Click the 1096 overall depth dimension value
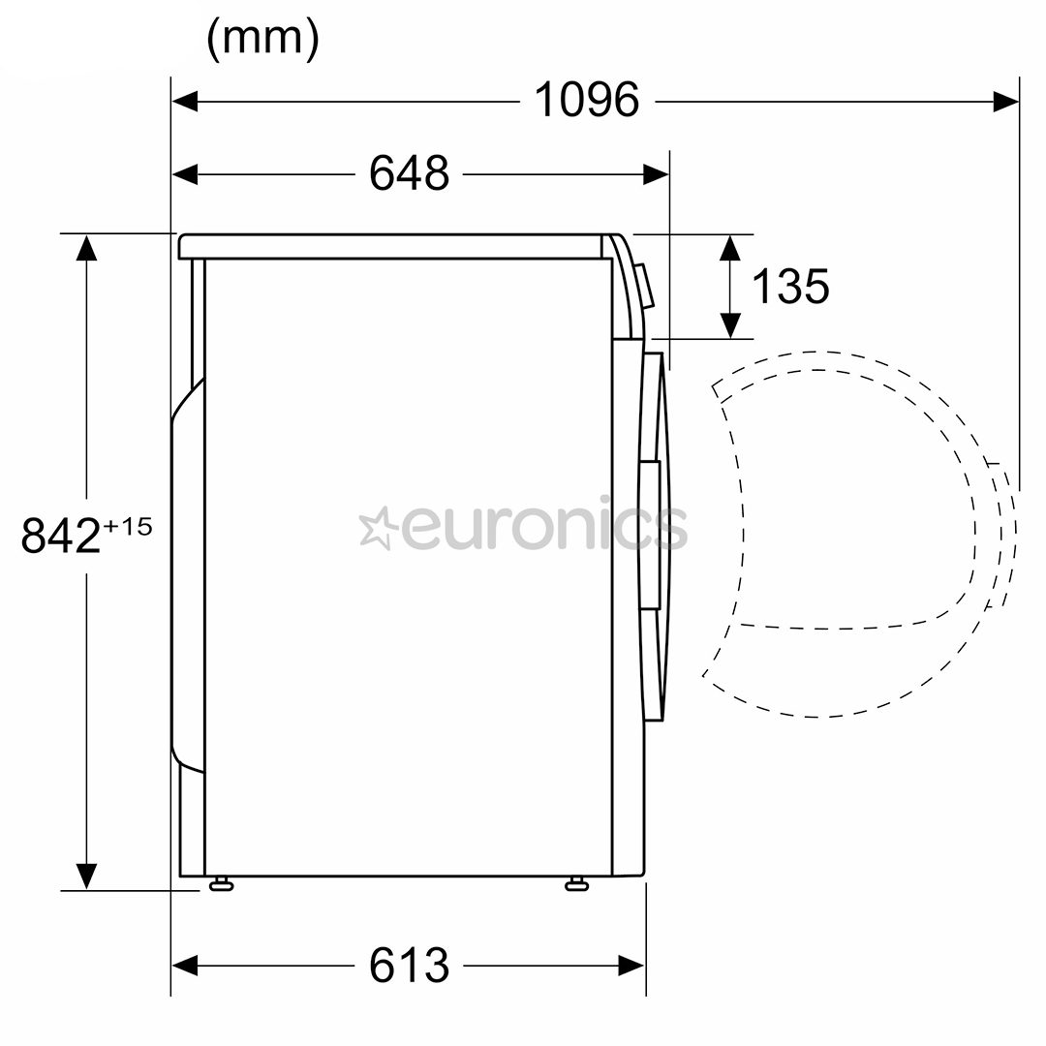click(588, 100)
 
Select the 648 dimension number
click(410, 174)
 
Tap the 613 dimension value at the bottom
click(410, 965)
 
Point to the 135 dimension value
click(790, 286)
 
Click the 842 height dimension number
click(61, 536)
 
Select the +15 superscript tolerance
click(129, 527)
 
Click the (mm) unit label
click(263, 40)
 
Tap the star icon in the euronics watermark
click(376, 529)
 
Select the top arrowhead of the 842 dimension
click(87, 247)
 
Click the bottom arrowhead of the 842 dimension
click(87, 876)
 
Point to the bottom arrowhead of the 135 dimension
click(730, 326)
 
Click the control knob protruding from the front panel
click(645, 287)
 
